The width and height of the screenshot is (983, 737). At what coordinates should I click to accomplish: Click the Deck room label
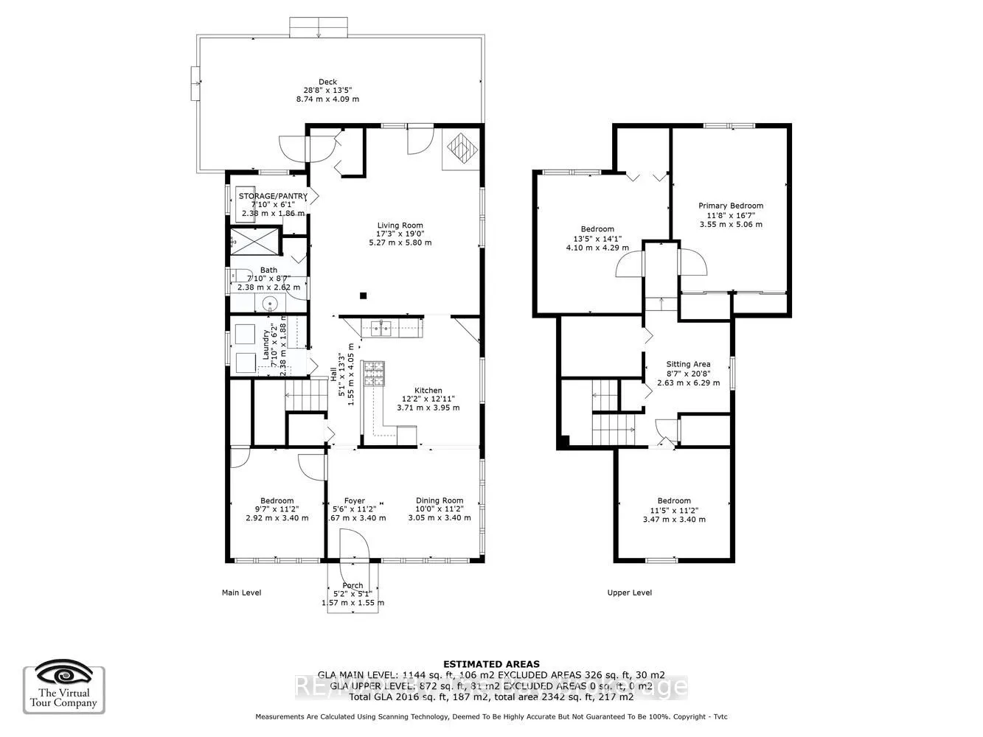pos(327,82)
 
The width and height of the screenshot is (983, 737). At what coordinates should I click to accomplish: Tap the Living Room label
pos(400,226)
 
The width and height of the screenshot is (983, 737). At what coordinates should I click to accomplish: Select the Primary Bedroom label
pos(730,206)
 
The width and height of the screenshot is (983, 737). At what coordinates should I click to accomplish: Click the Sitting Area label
pos(687,364)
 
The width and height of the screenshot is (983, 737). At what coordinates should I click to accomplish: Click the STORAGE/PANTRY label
pos(272,196)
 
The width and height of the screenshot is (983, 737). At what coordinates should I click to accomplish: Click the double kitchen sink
pos(381,328)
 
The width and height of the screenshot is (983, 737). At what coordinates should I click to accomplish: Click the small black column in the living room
pos(363,296)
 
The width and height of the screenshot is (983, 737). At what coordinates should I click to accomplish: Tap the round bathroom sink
pos(271,304)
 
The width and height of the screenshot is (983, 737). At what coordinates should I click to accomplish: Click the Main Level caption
pos(241,593)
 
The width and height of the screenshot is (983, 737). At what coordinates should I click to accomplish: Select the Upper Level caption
pos(629,593)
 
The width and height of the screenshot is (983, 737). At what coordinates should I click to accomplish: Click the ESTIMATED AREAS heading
pos(490,664)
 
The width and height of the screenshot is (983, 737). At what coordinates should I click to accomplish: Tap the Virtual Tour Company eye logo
pos(64,674)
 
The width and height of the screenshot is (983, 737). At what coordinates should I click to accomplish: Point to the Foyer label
pos(355,500)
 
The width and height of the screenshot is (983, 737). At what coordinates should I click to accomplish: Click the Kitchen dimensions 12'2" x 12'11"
pos(428,399)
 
